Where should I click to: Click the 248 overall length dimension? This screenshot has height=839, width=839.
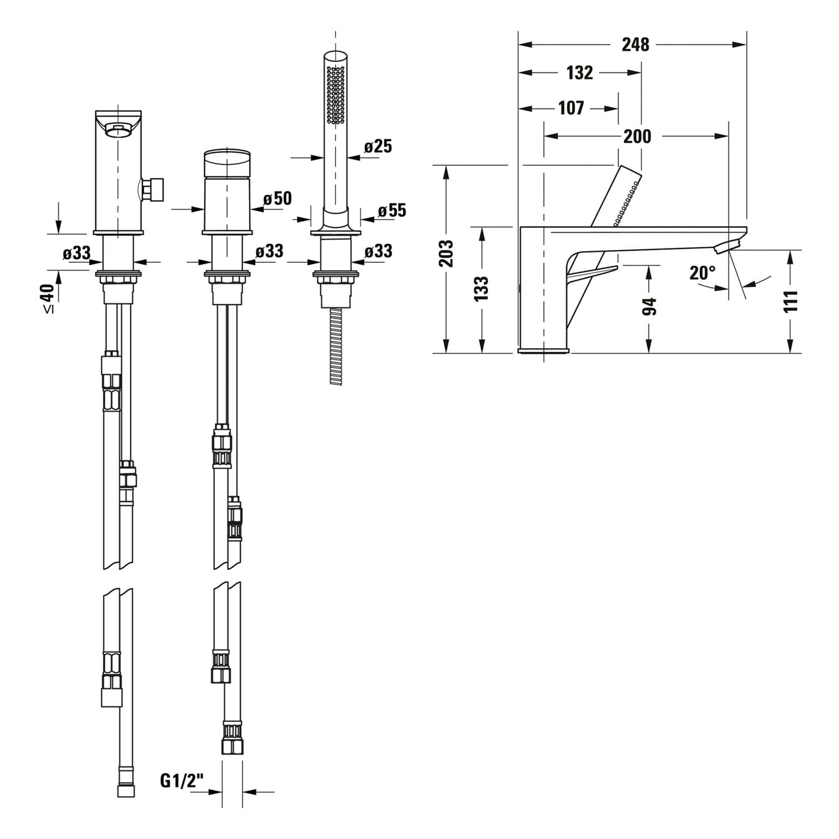pyautogui.click(x=635, y=44)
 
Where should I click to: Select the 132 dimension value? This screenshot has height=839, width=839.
pyautogui.click(x=579, y=73)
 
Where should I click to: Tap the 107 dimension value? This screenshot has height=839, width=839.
pyautogui.click(x=571, y=108)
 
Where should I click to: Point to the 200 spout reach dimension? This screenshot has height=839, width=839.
pyautogui.click(x=637, y=136)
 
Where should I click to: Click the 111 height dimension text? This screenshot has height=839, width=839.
pyautogui.click(x=790, y=302)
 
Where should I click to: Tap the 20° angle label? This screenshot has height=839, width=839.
pyautogui.click(x=703, y=273)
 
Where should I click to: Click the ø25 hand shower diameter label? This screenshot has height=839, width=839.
pyautogui.click(x=378, y=147)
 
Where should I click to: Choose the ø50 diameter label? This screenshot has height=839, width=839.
pyautogui.click(x=277, y=198)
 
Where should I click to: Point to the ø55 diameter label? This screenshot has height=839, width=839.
pyautogui.click(x=392, y=211)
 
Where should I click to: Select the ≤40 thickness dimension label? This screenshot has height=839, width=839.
pyautogui.click(x=49, y=297)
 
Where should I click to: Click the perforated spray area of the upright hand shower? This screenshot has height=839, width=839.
pyautogui.click(x=336, y=94)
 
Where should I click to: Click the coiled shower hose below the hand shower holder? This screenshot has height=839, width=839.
pyautogui.click(x=336, y=346)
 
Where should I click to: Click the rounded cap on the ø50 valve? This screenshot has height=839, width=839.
pyautogui.click(x=227, y=162)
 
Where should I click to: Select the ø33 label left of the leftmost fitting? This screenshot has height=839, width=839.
pyautogui.click(x=77, y=253)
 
